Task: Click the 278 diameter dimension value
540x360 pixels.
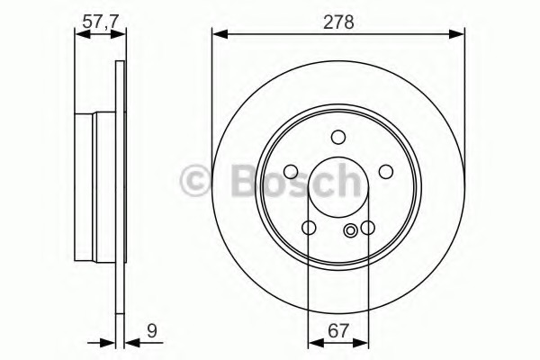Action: [338, 22]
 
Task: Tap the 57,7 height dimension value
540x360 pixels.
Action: [101, 22]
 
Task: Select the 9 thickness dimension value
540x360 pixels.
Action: [152, 331]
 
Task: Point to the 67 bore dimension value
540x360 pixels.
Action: [338, 331]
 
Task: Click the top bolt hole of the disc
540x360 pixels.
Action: [338, 137]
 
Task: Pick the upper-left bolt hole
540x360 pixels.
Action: [291, 172]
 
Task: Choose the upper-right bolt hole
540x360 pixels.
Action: [386, 172]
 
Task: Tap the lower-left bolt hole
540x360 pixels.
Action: [309, 228]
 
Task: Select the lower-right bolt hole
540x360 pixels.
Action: [368, 228]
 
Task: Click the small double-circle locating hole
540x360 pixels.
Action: [350, 230]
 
